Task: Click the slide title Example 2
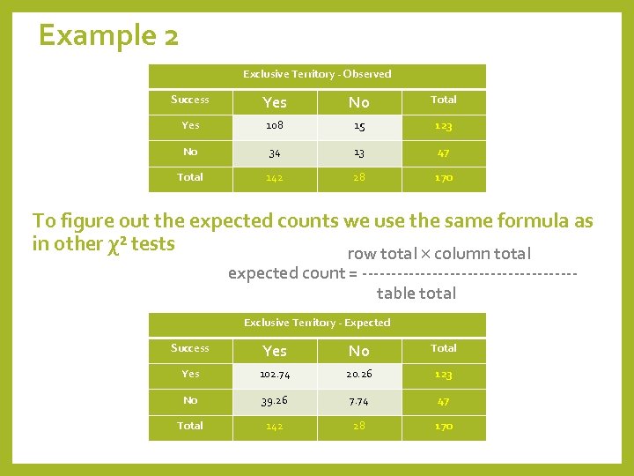click(109, 36)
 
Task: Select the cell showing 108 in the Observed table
click(275, 126)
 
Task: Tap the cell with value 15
click(359, 126)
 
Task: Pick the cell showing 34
click(275, 152)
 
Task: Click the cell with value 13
click(359, 152)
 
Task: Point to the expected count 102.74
click(275, 375)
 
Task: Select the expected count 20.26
click(359, 375)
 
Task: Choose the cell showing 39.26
click(275, 401)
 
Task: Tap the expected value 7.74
click(359, 401)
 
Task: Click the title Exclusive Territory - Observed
click(317, 74)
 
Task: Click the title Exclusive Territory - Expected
click(317, 323)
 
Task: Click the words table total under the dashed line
click(416, 294)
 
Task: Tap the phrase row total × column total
click(439, 254)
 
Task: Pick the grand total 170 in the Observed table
click(444, 178)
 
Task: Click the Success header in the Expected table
click(190, 348)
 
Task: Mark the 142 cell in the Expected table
click(275, 427)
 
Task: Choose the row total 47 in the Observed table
click(444, 152)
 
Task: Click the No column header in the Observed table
click(359, 102)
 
